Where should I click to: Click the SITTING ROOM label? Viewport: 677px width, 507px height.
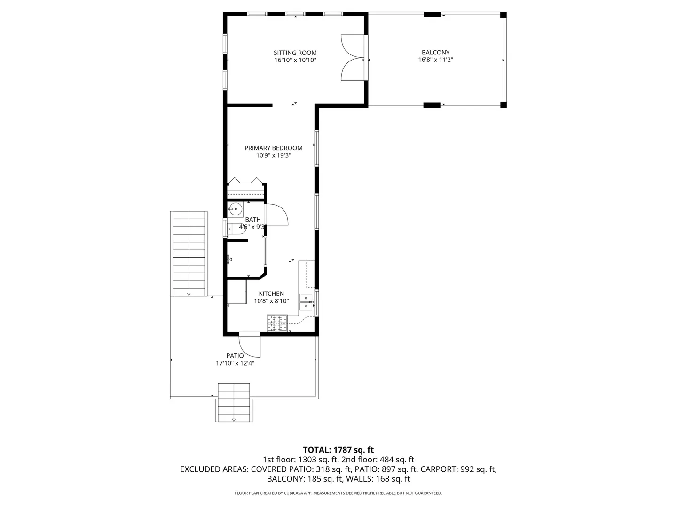click(x=295, y=53)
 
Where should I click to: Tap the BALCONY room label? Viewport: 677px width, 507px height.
click(x=435, y=52)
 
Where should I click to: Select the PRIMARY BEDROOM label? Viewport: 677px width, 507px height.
click(x=273, y=148)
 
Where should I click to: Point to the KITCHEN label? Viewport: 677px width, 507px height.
click(x=271, y=294)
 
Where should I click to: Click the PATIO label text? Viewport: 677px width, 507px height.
click(x=235, y=356)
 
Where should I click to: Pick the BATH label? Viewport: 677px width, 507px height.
click(x=253, y=220)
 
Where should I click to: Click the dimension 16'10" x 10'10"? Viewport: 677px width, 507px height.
click(x=295, y=60)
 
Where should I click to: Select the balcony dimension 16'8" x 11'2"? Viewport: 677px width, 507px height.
click(x=435, y=60)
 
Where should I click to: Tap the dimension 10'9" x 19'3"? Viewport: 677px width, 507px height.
click(x=273, y=155)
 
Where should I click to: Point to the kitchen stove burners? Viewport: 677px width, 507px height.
click(x=277, y=323)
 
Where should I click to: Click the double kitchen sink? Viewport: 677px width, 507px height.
click(x=306, y=302)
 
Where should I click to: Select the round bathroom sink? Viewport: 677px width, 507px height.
click(x=236, y=209)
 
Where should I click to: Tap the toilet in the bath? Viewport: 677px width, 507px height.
click(x=236, y=229)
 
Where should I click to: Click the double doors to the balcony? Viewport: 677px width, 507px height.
click(x=353, y=58)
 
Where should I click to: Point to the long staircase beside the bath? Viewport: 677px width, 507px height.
click(x=189, y=253)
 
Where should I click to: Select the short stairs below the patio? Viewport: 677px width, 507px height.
click(x=234, y=402)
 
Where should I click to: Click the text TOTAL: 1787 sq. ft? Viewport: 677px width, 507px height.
click(x=338, y=450)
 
